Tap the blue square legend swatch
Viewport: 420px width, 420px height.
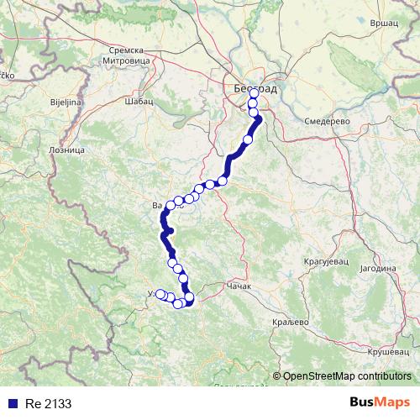(x=8, y=402)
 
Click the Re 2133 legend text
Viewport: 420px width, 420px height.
(x=41, y=402)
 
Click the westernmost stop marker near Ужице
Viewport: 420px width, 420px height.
(x=160, y=294)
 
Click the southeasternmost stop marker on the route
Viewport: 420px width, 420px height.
(x=189, y=297)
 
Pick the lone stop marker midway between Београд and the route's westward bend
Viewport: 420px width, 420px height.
(x=248, y=139)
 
